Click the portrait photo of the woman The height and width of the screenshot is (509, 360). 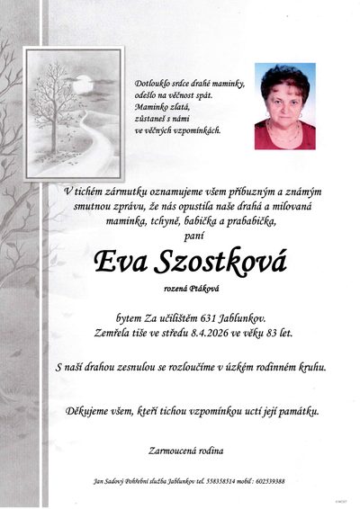(284, 105)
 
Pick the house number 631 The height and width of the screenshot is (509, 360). (203, 318)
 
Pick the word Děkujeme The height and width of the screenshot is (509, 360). (90, 411)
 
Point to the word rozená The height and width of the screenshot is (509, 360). (176, 288)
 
